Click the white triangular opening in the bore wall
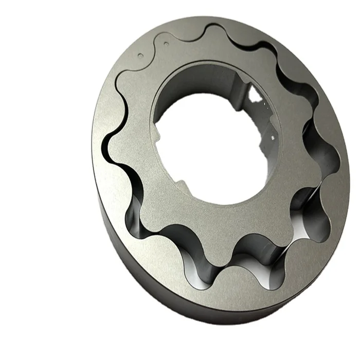click(256, 95)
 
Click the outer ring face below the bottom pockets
click(231, 303)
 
